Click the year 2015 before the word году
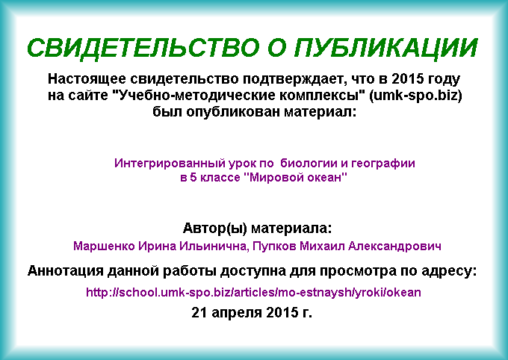click(x=408, y=78)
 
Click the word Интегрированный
click(x=170, y=163)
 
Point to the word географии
click(x=383, y=163)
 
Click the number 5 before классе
click(x=193, y=178)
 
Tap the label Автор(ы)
click(x=215, y=229)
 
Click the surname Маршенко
click(x=104, y=246)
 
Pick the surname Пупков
click(x=274, y=246)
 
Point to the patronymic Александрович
click(x=394, y=246)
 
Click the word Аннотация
click(x=66, y=270)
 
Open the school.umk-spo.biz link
click(x=253, y=293)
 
